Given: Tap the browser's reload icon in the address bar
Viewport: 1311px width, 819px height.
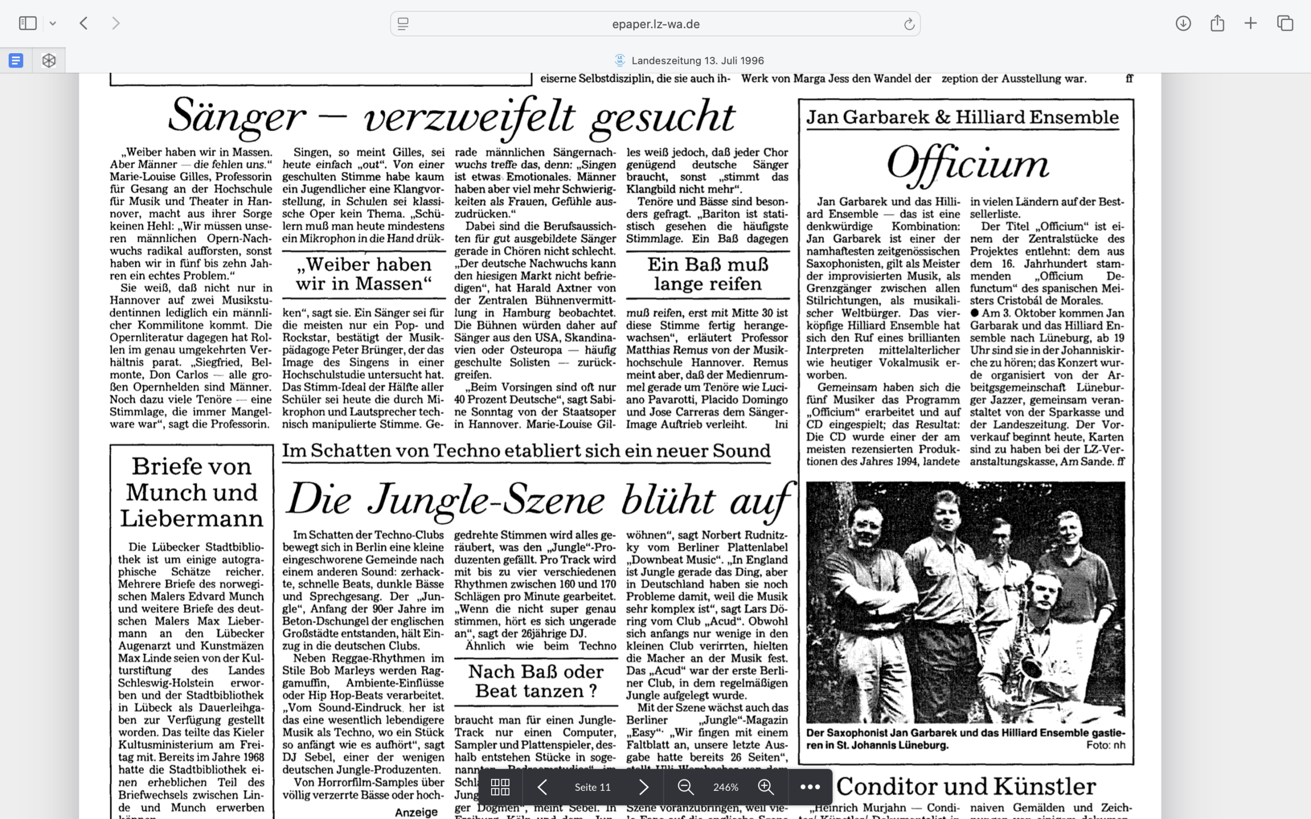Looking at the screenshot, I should point(909,24).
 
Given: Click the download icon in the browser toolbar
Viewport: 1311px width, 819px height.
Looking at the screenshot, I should point(1183,24).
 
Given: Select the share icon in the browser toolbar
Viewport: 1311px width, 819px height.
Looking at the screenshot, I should point(1217,24).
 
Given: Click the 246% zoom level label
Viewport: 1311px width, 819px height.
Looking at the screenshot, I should point(725,787).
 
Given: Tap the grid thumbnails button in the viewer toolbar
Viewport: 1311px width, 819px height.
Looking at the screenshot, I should point(499,787).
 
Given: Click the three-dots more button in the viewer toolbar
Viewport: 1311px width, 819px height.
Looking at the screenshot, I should point(810,787).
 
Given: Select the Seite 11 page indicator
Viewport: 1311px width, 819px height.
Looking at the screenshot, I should point(592,787).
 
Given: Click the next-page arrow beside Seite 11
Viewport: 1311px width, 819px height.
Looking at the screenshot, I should point(644,787).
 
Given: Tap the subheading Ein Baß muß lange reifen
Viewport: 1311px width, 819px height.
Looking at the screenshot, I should point(708,274).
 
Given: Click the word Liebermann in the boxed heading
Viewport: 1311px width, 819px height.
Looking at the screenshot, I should point(192,519).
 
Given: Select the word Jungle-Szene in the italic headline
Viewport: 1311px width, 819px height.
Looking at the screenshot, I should point(485,500).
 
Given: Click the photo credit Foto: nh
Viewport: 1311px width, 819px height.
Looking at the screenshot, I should point(1105,745).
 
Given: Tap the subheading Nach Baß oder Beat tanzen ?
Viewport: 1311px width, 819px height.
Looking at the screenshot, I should point(536,681).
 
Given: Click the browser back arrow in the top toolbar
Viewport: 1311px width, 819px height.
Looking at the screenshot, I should point(83,24).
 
